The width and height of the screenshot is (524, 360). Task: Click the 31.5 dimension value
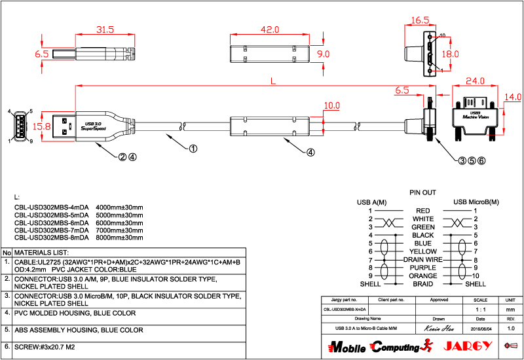105,30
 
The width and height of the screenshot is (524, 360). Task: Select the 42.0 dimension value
270,30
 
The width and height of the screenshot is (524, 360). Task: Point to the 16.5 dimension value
420,20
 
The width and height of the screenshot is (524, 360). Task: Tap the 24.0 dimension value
475,81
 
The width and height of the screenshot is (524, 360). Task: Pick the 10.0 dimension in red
332,105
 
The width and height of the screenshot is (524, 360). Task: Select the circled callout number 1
193,149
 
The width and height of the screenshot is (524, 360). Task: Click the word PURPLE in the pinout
423,268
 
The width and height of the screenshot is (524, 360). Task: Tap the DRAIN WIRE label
423,260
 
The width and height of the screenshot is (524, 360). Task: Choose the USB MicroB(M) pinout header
476,202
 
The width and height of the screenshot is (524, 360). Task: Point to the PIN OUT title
422,193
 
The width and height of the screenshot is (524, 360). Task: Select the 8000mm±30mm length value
119,238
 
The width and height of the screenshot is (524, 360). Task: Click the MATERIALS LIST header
41,252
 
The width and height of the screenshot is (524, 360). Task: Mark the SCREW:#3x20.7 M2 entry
45,347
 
